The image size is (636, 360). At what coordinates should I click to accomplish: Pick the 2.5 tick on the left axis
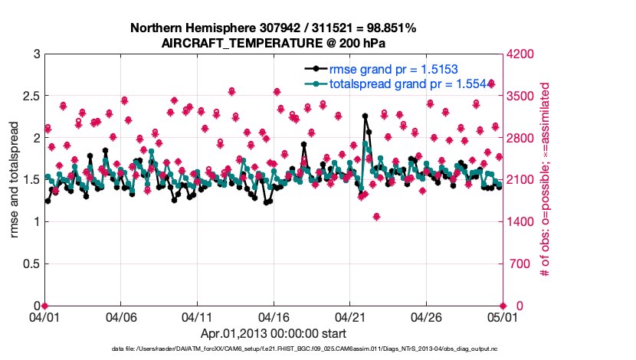(x=30, y=97)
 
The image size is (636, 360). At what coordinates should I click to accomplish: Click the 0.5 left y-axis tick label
(x=30, y=264)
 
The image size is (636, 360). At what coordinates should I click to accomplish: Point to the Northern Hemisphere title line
(x=273, y=28)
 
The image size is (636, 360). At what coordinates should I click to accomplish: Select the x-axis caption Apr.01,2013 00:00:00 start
(x=273, y=334)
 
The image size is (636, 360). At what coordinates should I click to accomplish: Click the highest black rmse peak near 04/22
(x=366, y=116)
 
